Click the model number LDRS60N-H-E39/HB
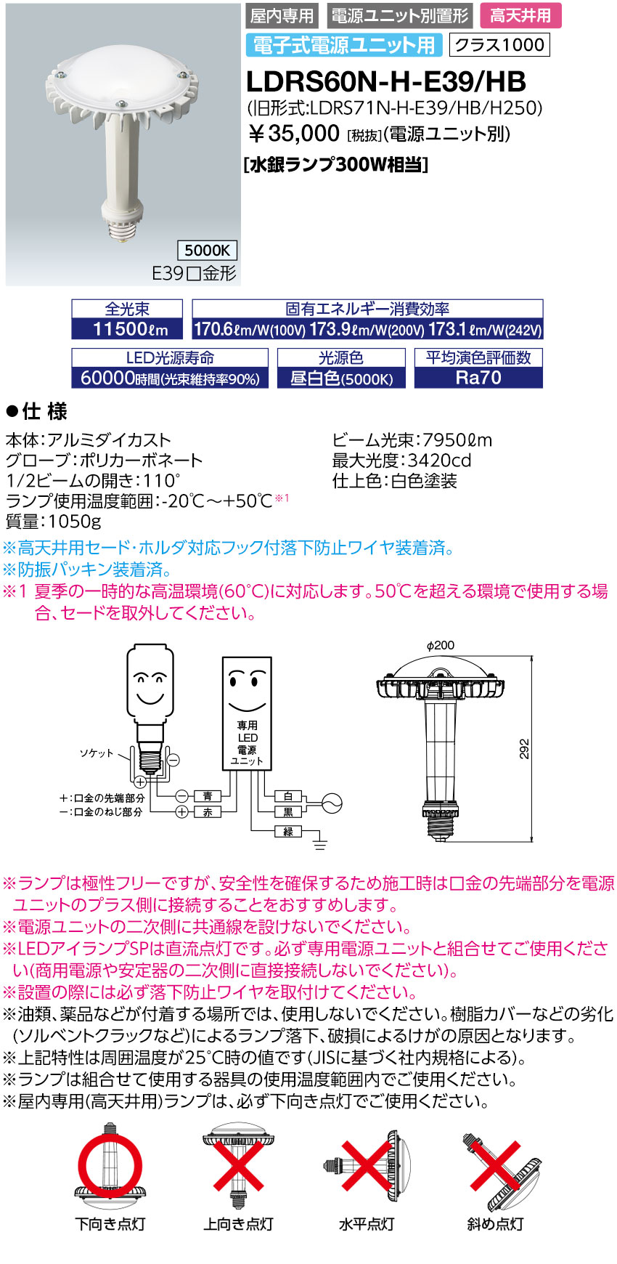point(385,81)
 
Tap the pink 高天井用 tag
point(520,16)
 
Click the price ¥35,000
point(294,133)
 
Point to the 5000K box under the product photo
point(207,251)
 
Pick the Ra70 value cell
point(478,378)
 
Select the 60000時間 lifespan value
point(170,378)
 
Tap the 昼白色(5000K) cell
point(341,378)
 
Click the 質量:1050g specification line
point(54,522)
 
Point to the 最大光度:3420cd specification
point(401,461)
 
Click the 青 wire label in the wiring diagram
point(208,796)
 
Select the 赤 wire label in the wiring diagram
point(208,812)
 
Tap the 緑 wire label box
point(288,832)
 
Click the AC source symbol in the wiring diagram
point(331,803)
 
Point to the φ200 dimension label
point(441,646)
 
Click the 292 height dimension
point(524,749)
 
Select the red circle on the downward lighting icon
point(110,1164)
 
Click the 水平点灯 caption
point(366,1224)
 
